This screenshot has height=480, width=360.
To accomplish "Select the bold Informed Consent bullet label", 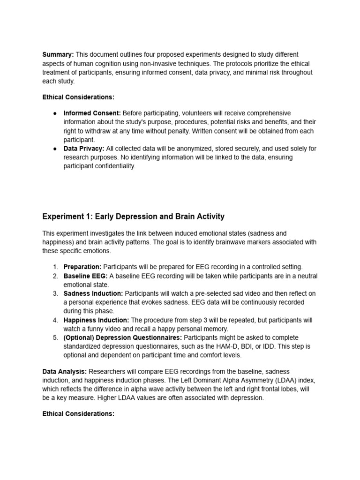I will (x=92, y=113).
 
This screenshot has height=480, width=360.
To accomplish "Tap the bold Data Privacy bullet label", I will (x=84, y=149).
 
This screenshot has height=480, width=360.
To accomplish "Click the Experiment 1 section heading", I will (x=133, y=217).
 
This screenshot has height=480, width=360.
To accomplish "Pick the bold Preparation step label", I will (x=82, y=267).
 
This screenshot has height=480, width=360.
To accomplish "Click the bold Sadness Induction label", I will (x=93, y=293).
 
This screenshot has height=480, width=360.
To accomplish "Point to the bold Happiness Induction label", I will (x=96, y=320).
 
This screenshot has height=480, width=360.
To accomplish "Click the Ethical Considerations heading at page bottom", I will (x=78, y=414).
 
